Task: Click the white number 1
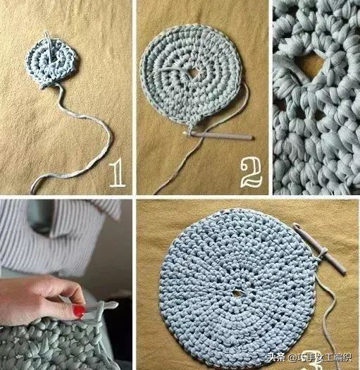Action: click(118, 173)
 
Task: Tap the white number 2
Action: click(251, 173)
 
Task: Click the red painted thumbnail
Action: click(78, 311)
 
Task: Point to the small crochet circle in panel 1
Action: click(51, 62)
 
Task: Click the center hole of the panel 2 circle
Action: click(194, 73)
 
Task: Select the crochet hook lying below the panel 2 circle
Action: click(218, 135)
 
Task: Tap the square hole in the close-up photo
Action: click(309, 63)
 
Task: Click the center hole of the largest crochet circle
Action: click(236, 293)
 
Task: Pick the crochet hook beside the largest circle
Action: click(320, 248)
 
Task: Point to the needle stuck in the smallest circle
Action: click(49, 45)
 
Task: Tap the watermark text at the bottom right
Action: click(309, 357)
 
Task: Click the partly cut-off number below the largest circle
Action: click(314, 366)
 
